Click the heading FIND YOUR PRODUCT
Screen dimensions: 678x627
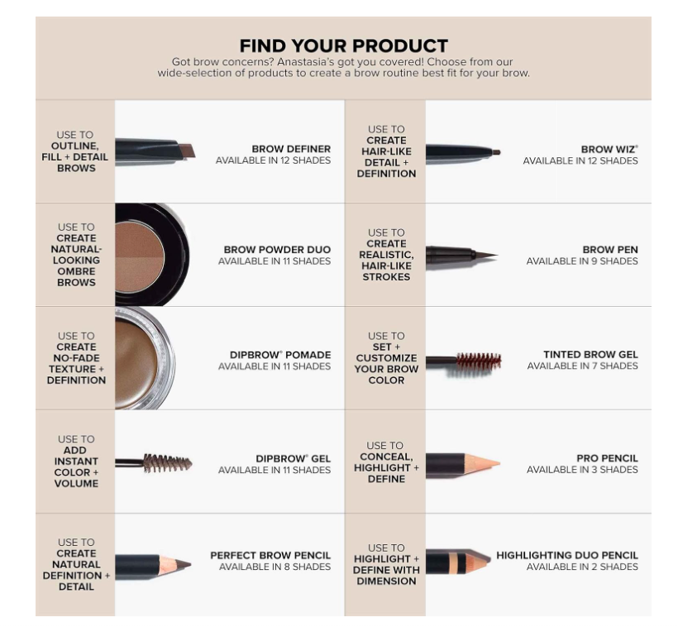[344, 45]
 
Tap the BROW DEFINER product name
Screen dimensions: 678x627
[291, 149]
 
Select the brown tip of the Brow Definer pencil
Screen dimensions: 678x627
[187, 151]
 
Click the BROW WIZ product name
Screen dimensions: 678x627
[609, 149]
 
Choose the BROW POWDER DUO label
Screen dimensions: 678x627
[277, 250]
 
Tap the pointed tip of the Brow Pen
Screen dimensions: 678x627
[496, 255]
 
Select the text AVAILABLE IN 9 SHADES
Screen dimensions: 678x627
[582, 261]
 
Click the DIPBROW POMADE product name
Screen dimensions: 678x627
[280, 355]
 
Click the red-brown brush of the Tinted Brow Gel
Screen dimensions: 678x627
[479, 361]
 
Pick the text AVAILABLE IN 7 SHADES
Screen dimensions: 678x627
[582, 366]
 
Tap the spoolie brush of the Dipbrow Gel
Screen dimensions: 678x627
[168, 463]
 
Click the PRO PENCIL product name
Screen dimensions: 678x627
[607, 458]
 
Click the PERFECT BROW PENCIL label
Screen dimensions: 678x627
[270, 555]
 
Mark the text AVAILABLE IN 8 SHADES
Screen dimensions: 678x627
[275, 567]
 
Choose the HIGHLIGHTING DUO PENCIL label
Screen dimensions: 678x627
[567, 555]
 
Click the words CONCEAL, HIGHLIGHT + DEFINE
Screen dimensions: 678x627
[386, 467]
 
